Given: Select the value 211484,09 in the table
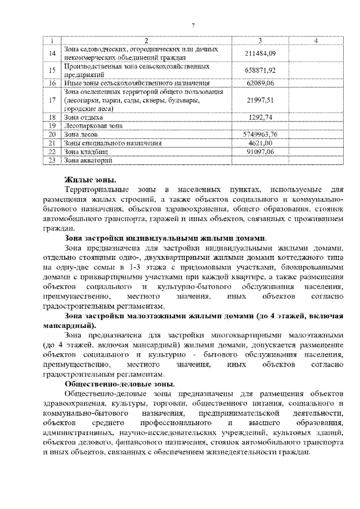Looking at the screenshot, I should tap(260, 53).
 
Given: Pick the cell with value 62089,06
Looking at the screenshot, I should tap(260, 83).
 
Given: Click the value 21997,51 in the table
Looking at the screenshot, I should tap(260, 100).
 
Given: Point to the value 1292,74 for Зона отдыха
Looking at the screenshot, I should tap(260, 117).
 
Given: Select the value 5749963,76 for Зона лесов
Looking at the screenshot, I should tap(260, 134).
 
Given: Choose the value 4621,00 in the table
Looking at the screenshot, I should tap(260, 143).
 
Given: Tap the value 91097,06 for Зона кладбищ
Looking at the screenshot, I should tap(260, 151).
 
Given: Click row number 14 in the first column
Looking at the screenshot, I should tap(52, 53).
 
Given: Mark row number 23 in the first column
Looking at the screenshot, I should tap(52, 160).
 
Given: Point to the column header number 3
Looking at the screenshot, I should tap(260, 40).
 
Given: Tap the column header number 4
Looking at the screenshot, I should tap(316, 40).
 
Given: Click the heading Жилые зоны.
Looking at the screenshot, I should tap(90, 180).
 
